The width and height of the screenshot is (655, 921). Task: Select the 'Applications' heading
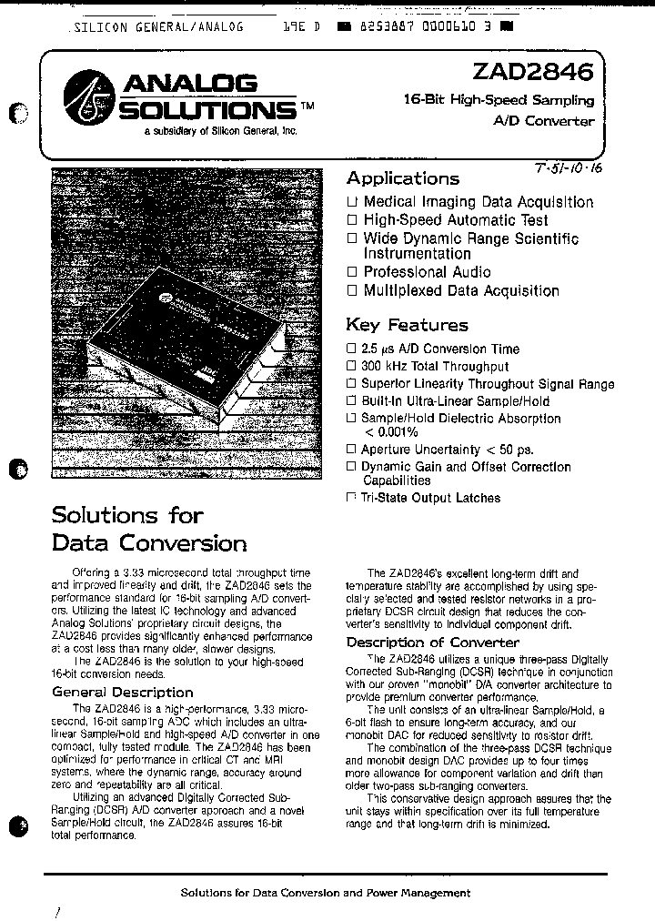(x=402, y=179)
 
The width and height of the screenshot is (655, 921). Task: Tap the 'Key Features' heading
(x=407, y=325)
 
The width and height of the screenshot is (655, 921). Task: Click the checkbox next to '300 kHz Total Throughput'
(x=351, y=367)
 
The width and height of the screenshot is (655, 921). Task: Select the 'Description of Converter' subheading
(x=432, y=643)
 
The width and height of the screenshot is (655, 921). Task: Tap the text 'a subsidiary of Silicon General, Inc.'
(x=220, y=131)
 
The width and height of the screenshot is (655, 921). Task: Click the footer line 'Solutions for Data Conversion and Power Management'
(x=327, y=893)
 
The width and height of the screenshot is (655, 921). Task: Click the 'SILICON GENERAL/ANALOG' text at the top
(x=157, y=27)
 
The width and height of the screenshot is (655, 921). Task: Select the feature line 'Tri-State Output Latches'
(x=429, y=498)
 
